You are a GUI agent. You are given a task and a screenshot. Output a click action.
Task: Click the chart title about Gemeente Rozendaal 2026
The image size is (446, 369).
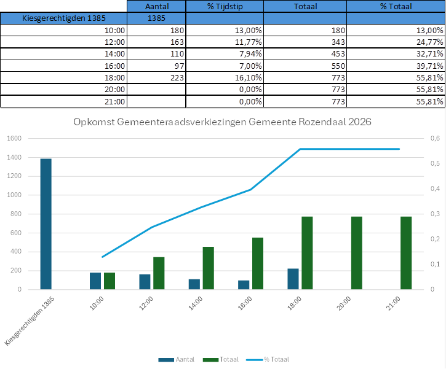222,122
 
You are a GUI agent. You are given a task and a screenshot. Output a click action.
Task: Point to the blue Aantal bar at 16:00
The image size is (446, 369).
244,284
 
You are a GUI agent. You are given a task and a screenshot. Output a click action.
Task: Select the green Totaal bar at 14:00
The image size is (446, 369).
209,268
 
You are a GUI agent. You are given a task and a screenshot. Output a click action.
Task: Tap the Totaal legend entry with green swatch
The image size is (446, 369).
225,359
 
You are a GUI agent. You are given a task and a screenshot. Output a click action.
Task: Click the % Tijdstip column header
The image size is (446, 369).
224,6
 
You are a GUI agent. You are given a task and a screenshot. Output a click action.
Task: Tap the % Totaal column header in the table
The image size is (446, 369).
396,6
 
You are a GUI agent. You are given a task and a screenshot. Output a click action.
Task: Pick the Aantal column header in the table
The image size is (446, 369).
157,6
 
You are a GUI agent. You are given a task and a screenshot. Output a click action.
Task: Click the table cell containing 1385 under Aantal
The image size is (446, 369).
157,18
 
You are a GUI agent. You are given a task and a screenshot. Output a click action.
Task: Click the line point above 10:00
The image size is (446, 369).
103,257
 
